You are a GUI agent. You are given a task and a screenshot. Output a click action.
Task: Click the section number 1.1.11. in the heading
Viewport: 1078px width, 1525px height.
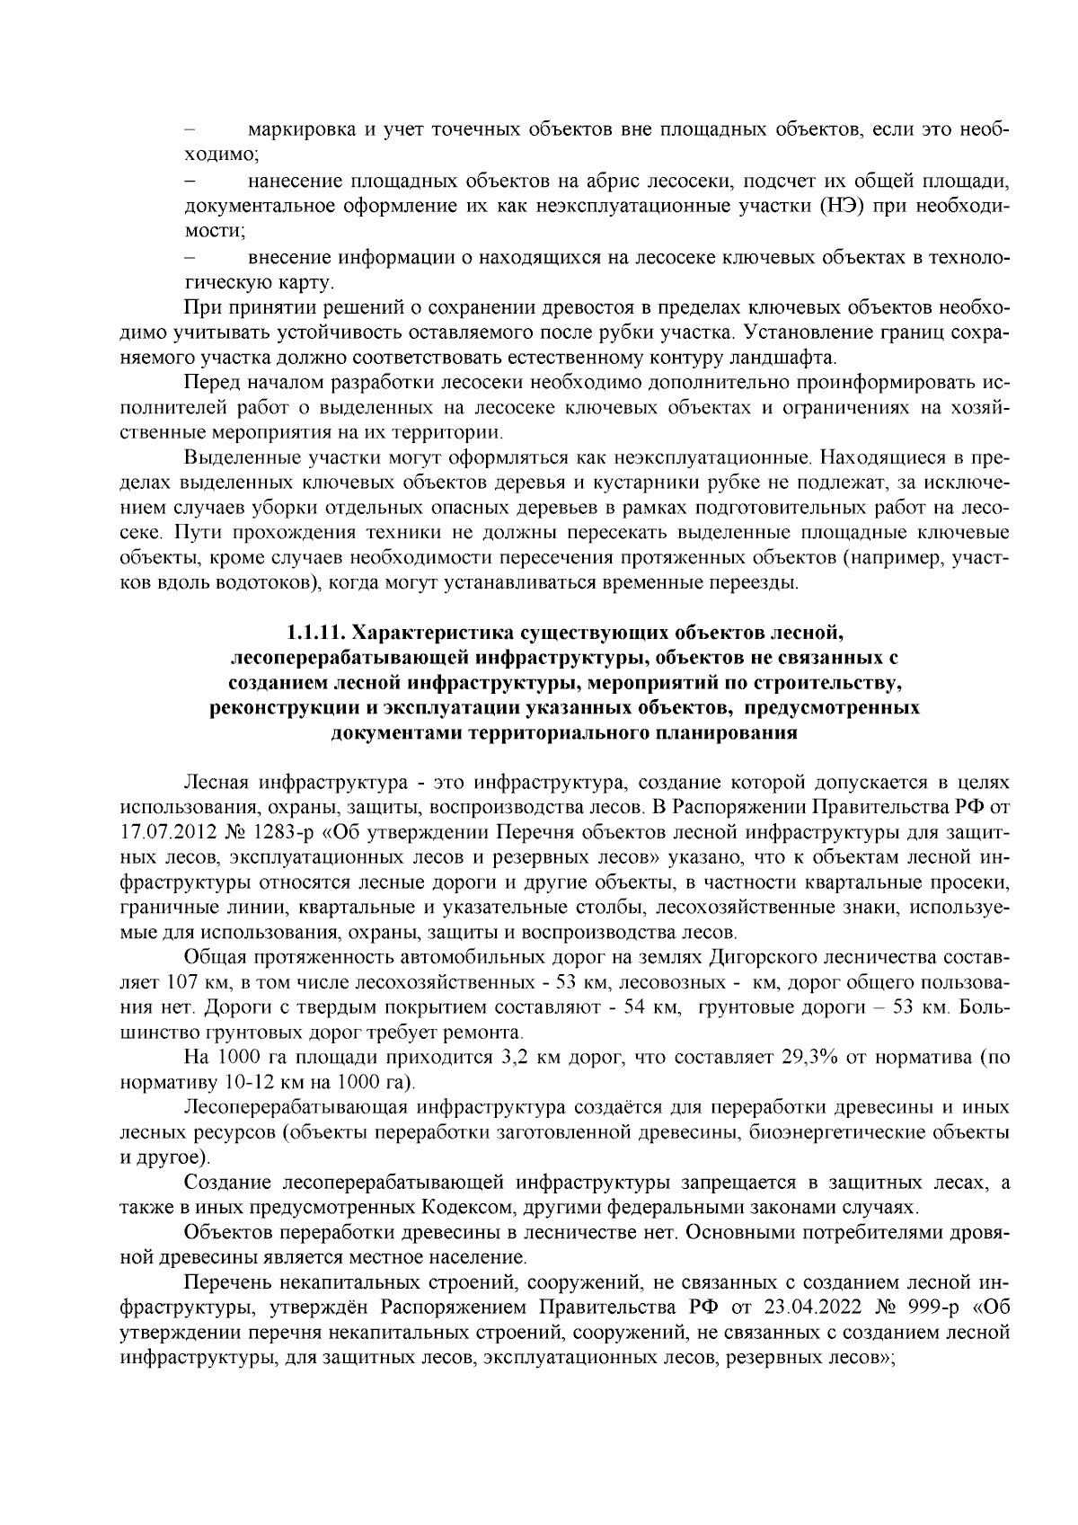coord(317,638)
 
